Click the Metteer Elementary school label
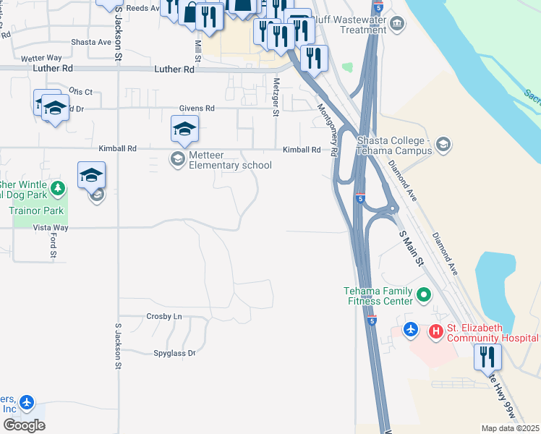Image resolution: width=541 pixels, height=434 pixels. click(x=230, y=160)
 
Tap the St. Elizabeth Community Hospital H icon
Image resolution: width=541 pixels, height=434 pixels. click(x=435, y=331)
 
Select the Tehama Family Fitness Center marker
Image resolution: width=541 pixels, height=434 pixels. click(x=425, y=295)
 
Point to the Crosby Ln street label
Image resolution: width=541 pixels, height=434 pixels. click(x=163, y=317)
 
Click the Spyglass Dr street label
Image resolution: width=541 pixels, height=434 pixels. click(x=174, y=354)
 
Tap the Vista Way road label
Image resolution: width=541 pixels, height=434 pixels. click(x=51, y=228)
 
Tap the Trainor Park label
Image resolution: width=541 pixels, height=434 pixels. click(x=37, y=211)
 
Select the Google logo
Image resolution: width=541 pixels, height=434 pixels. click(x=24, y=425)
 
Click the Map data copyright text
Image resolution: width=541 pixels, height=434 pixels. click(x=511, y=428)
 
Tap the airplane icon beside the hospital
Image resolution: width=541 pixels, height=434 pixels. click(x=411, y=329)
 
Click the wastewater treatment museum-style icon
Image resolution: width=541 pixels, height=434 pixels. click(x=396, y=25)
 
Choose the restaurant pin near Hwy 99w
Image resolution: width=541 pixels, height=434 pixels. click(x=487, y=357)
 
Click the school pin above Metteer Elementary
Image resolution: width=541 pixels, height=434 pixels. click(x=184, y=129)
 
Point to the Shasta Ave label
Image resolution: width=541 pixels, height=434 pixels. click(x=91, y=42)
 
